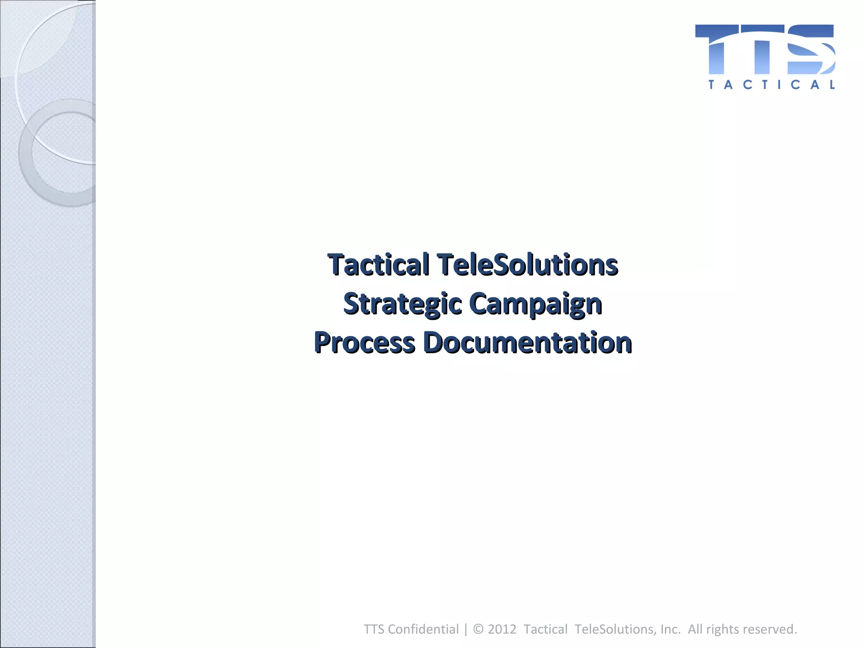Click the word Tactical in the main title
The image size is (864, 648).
378,265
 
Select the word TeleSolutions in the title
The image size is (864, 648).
527,265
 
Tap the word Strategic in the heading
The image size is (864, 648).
402,304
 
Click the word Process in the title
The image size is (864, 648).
364,342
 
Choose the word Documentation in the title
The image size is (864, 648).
527,342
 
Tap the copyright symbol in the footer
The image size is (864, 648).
478,629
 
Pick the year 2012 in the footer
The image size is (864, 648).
502,629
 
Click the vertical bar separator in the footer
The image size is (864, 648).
466,629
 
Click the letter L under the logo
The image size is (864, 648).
832,85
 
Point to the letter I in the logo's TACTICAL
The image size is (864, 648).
779,85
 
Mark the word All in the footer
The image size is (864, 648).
695,629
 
